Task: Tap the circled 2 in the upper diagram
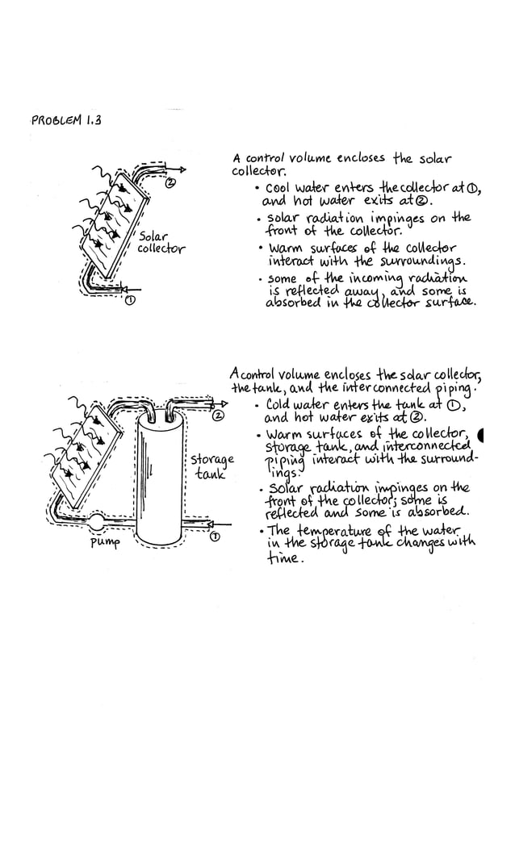pos(170,184)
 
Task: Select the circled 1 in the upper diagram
pos(129,302)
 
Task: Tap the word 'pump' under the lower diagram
pos(105,543)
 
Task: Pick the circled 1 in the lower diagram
pos(215,537)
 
